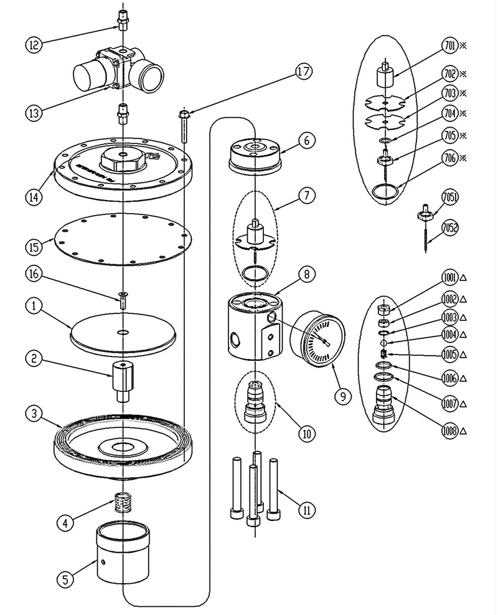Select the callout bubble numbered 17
point(303,72)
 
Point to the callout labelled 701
point(449,46)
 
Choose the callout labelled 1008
point(449,430)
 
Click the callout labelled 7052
point(449,228)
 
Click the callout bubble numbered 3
point(34,413)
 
